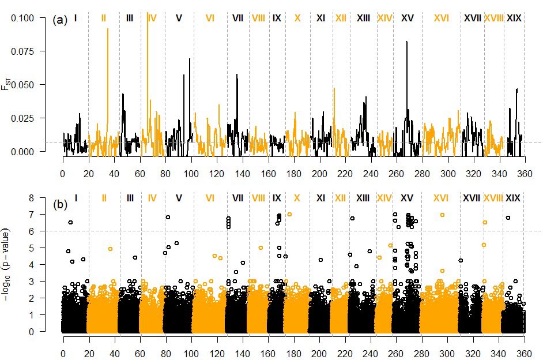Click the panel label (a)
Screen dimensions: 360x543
click(x=60, y=20)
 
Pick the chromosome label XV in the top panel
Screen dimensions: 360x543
click(x=407, y=18)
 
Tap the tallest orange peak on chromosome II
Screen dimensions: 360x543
click(x=107, y=29)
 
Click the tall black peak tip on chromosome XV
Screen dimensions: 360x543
click(x=407, y=42)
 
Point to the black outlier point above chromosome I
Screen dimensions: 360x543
click(x=70, y=222)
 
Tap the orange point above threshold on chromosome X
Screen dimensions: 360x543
click(x=289, y=214)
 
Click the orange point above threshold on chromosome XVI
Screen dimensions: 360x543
click(x=442, y=215)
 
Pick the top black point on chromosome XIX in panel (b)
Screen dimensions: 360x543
click(x=508, y=217)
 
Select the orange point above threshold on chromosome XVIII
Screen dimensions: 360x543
click(x=485, y=222)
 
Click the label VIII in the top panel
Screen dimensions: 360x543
click(x=258, y=18)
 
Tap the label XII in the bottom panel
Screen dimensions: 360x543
click(x=340, y=198)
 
